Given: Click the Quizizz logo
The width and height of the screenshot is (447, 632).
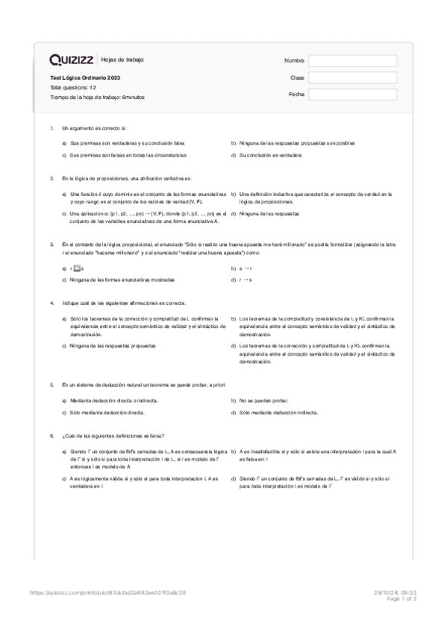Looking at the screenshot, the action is [72, 60].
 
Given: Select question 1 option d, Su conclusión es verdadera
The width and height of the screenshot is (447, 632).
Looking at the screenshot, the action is [270, 155].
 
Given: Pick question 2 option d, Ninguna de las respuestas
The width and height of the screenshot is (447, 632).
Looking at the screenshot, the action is [269, 214].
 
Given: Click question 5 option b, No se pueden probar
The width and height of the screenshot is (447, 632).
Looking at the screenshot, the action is [265, 400].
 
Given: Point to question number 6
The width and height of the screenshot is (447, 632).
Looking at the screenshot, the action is [51, 435].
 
